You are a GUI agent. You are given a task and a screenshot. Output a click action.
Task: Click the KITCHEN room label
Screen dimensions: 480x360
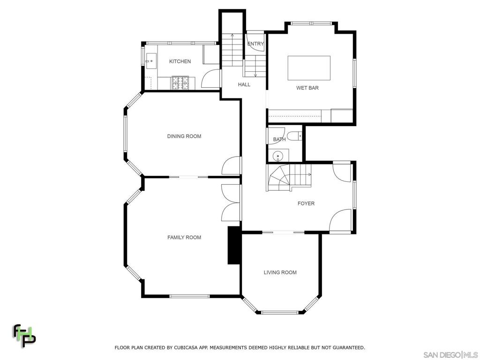coord(180,61)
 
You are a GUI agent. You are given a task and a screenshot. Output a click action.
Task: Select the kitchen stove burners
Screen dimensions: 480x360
coord(180,82)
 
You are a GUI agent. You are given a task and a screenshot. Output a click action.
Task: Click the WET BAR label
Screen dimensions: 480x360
coord(307,88)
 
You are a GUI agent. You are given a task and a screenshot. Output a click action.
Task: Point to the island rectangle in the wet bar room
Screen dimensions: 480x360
coord(309,68)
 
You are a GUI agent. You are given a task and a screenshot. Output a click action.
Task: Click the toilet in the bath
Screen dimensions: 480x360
coord(294,135)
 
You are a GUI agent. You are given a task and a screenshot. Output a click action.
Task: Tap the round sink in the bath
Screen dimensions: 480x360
coord(278,156)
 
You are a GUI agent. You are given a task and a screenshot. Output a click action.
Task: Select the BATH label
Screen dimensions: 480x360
coord(279,140)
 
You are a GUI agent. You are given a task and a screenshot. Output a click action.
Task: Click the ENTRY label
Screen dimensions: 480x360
coord(255,44)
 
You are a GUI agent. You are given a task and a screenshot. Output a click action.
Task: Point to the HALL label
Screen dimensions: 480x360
coord(244,84)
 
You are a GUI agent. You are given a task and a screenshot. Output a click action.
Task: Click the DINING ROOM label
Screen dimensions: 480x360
coord(184,136)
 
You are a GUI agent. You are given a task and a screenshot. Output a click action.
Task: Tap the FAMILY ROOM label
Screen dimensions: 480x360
coord(184,237)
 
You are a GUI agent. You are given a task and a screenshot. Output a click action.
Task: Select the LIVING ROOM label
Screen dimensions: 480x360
coord(280,272)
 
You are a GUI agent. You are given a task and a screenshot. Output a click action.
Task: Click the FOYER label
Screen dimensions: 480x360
coord(306,203)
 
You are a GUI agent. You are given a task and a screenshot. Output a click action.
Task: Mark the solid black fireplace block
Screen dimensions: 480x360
coord(234,245)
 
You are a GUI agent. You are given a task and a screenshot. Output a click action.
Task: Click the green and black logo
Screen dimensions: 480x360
coord(24,336)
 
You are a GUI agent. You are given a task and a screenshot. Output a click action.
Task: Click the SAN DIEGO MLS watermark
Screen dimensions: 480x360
coord(450,355)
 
